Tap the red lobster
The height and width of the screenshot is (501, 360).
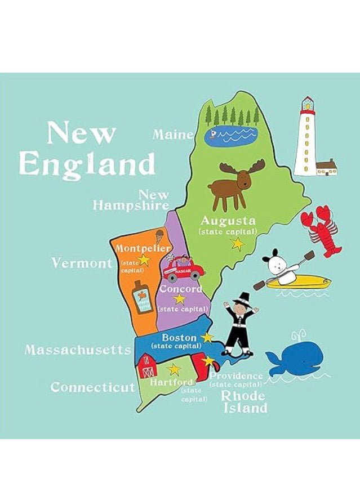[321, 231]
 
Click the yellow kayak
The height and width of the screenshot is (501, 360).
[293, 281]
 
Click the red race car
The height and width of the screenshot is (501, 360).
[183, 269]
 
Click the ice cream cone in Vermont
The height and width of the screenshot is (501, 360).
[160, 236]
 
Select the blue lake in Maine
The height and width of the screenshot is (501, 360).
[231, 135]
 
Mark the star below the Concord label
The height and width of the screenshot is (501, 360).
[180, 298]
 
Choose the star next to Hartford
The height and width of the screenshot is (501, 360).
[175, 370]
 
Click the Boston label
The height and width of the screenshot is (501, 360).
[179, 338]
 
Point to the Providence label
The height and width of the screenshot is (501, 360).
[236, 375]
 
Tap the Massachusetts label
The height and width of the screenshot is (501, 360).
[78, 350]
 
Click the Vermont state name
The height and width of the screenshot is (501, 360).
[82, 263]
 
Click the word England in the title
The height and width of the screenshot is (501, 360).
[87, 164]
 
